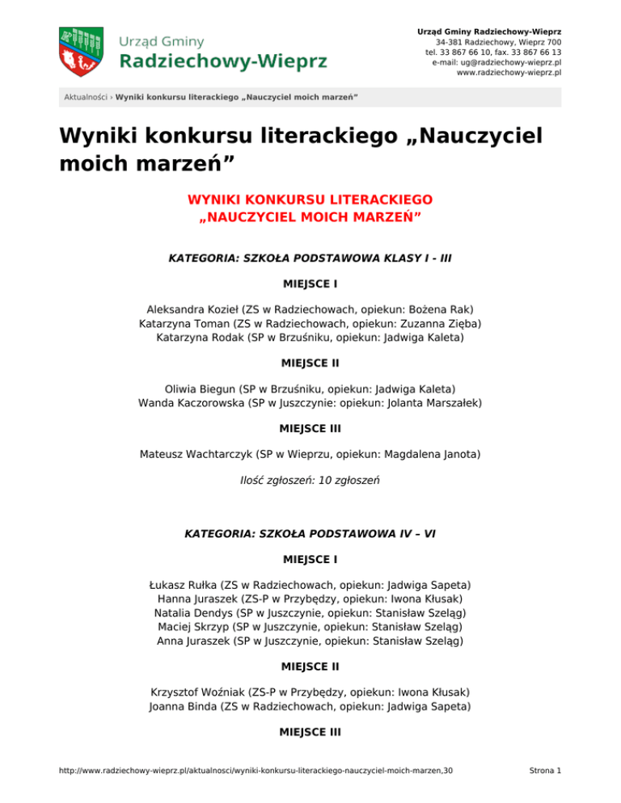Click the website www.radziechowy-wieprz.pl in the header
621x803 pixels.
point(509,72)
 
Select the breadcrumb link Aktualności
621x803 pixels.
point(87,98)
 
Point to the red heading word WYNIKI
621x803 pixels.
point(215,200)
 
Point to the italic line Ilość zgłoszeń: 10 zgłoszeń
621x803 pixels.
point(310,479)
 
